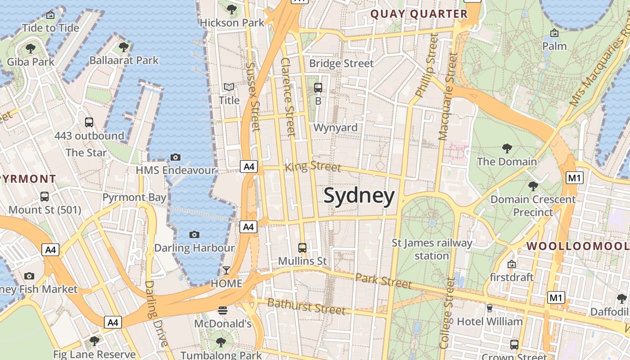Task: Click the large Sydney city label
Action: point(359,196)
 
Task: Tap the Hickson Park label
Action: point(232,22)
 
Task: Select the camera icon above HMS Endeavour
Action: point(175,157)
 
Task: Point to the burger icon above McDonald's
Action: point(222,310)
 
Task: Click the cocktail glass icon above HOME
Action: point(226,270)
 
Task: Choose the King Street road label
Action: point(313,166)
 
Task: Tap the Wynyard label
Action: point(335,128)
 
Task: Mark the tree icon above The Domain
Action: point(507,148)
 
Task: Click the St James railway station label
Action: point(432,249)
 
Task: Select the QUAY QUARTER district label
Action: point(419,14)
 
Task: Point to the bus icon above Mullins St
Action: point(302,247)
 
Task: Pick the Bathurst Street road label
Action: point(306,306)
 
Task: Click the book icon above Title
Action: point(229,87)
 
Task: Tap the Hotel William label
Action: point(490,322)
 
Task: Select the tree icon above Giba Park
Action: point(31,48)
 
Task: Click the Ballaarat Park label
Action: point(124,60)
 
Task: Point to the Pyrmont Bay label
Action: point(134,198)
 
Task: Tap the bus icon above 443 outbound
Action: point(89,122)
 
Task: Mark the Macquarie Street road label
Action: point(449,97)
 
